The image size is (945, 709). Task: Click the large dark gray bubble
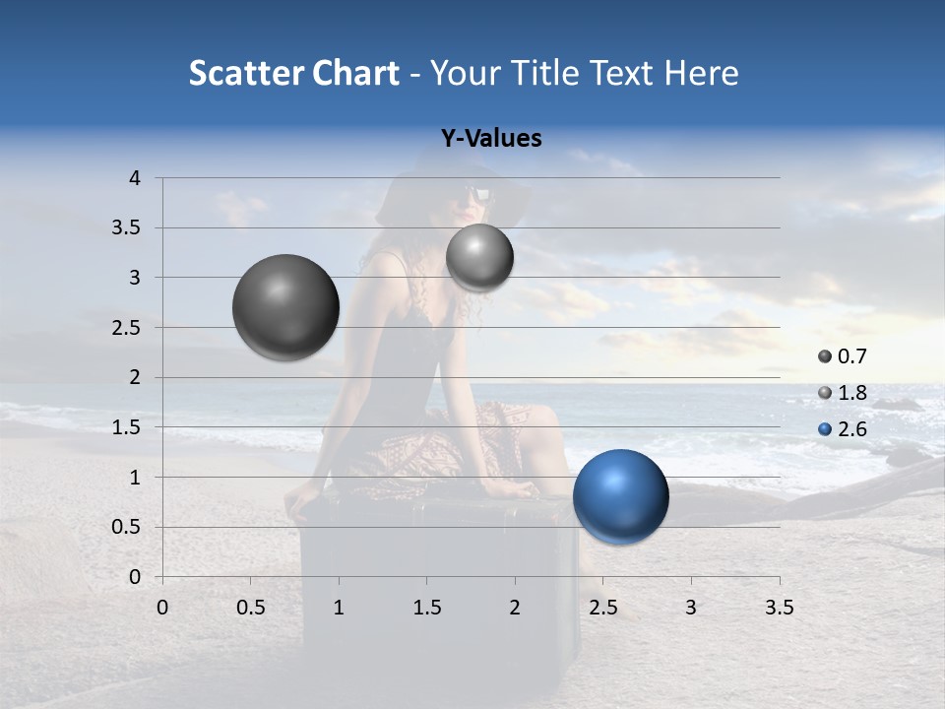286,307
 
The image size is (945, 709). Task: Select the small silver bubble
479,258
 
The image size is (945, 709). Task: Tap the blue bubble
620,496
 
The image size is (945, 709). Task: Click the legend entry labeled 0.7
843,356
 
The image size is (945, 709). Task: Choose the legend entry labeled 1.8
843,393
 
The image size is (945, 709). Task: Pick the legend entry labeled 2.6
843,429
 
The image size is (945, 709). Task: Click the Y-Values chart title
490,139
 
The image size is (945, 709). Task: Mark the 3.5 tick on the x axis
779,608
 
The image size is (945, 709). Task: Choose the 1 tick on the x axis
339,608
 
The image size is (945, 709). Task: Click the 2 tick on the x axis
515,608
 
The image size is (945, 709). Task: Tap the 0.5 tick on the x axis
250,608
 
